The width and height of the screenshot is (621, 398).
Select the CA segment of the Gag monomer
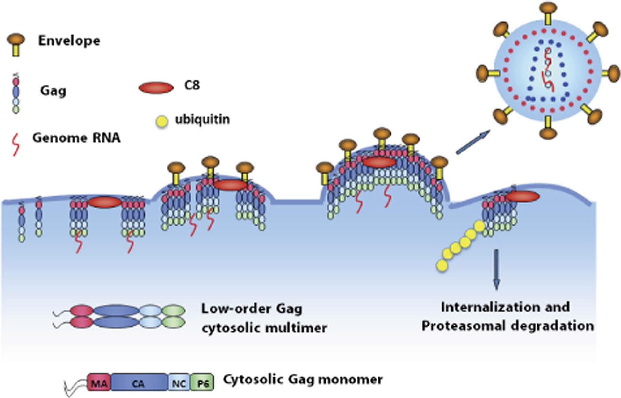[x=139, y=383]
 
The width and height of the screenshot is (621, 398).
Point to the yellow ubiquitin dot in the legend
[x=162, y=122]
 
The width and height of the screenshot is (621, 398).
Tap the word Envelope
[x=69, y=41]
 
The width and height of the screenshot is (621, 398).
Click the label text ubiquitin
[x=202, y=119]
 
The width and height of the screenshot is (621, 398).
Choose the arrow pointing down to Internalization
[x=496, y=269]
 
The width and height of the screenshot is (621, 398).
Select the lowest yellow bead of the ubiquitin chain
[x=442, y=265]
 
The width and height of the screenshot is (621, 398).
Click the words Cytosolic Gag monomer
[x=303, y=380]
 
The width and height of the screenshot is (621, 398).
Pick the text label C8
[x=192, y=85]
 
